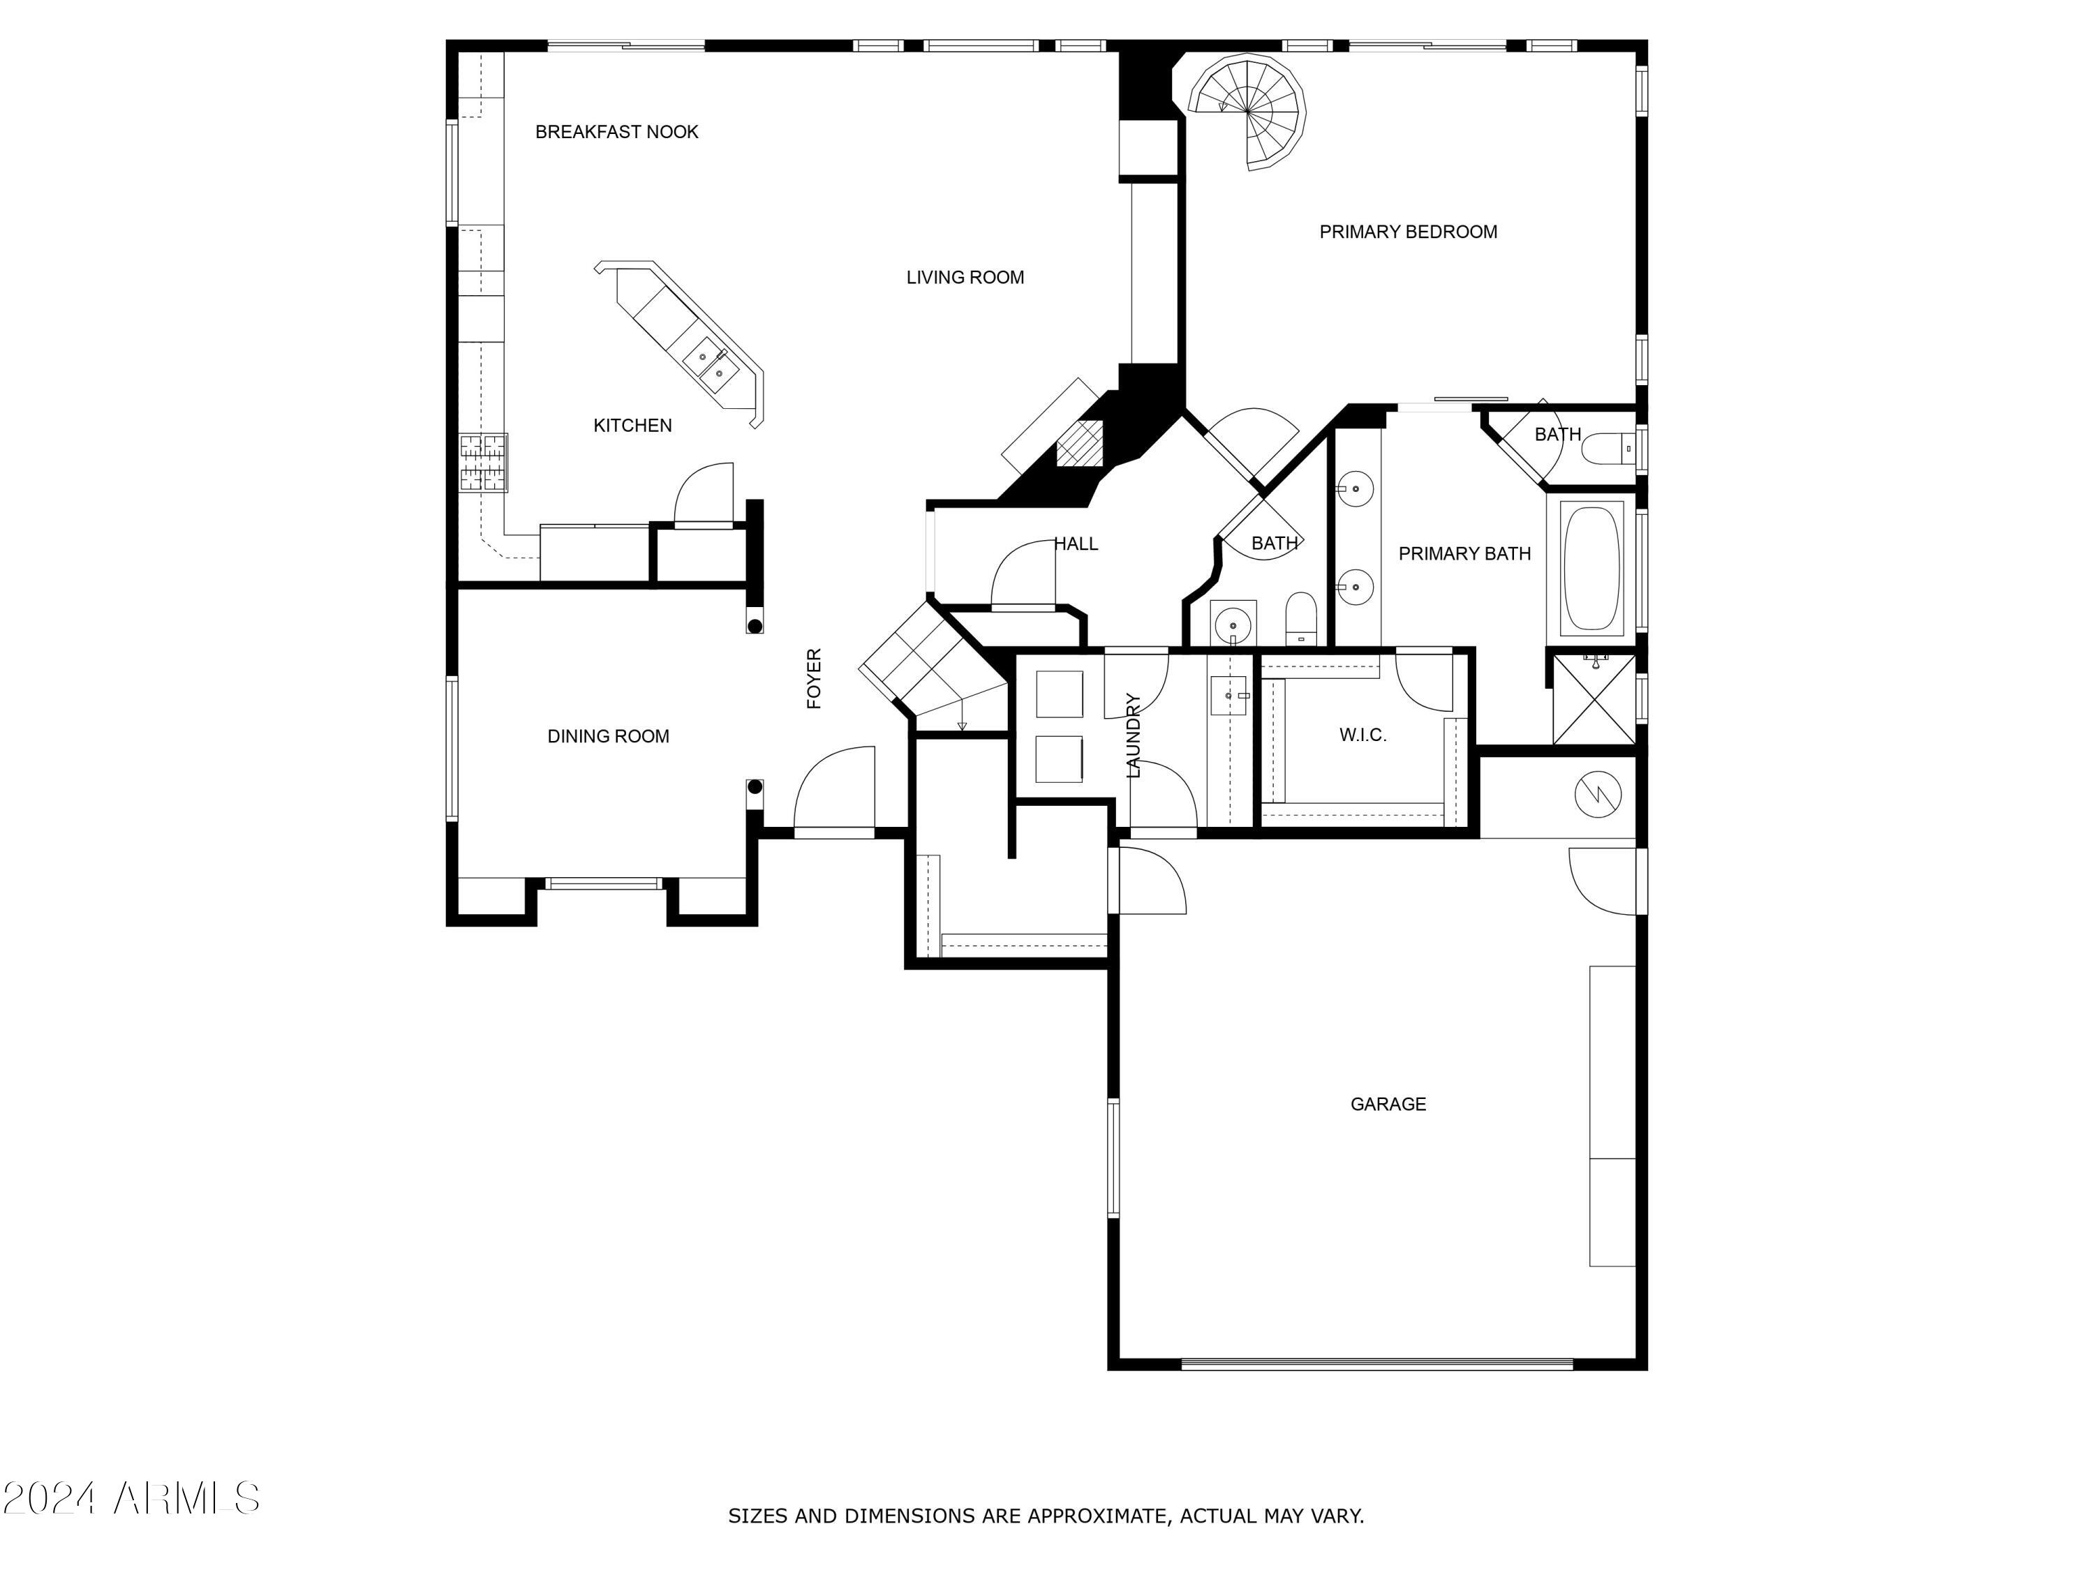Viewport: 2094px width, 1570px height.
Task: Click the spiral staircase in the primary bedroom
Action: (1249, 112)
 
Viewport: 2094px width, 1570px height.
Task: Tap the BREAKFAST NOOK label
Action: (616, 132)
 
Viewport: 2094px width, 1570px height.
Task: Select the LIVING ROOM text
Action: (965, 277)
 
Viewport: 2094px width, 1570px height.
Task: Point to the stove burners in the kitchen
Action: (484, 462)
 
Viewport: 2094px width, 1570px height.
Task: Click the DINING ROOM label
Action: (608, 736)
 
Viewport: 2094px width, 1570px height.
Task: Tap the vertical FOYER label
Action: (814, 678)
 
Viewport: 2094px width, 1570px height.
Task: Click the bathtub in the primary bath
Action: (1592, 568)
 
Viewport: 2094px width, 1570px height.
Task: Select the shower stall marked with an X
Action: (1594, 701)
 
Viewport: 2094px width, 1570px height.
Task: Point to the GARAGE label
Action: (1388, 1103)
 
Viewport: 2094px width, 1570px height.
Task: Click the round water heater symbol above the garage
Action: (1598, 794)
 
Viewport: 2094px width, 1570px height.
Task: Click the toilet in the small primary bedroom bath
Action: (1607, 449)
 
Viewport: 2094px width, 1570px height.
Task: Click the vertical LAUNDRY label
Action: (1133, 735)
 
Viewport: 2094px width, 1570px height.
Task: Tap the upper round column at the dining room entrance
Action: (755, 625)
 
